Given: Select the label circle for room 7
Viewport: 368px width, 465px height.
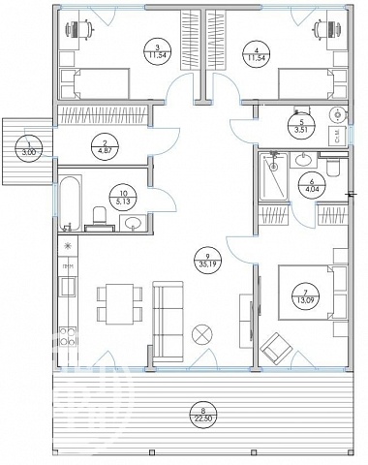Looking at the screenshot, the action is point(305,296).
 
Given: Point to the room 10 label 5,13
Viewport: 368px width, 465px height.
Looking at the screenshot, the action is point(123,198).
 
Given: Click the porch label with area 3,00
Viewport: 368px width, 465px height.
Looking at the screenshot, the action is point(29,148).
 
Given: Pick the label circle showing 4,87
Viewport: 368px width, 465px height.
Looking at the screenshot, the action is point(106,145).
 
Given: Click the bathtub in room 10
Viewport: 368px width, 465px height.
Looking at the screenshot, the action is point(70,203).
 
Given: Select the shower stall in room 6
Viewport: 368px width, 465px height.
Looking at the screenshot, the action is point(274,176).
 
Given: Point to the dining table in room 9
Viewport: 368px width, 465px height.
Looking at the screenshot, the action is point(119,304).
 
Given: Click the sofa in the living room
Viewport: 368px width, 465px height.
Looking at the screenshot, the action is point(168,322).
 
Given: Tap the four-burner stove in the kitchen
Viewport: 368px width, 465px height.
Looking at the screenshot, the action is point(68,336).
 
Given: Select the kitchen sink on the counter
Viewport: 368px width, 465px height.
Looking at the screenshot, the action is point(68,286).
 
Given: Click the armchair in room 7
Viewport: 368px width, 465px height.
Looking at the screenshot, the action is point(276,348).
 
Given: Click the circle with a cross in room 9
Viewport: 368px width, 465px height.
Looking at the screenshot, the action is point(201,334).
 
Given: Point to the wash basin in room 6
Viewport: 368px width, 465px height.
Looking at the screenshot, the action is point(304,160).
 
